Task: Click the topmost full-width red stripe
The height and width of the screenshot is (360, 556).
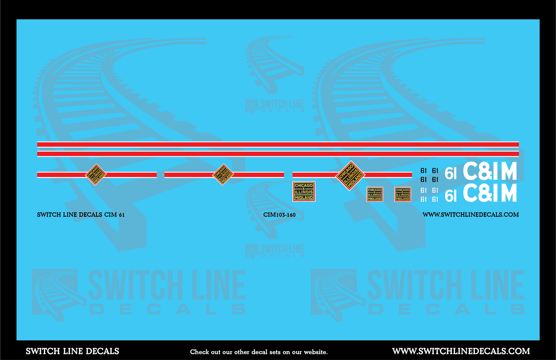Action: click(x=278, y=144)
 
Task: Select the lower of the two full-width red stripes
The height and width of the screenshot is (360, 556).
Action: click(x=278, y=154)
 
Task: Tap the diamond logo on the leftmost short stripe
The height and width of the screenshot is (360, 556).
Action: click(x=95, y=175)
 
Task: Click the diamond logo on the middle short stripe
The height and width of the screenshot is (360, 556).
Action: click(x=223, y=175)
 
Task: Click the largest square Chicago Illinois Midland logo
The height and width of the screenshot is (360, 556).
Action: click(x=304, y=191)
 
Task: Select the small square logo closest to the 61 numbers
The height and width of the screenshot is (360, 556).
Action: click(x=402, y=194)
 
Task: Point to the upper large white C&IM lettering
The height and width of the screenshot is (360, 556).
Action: click(x=490, y=172)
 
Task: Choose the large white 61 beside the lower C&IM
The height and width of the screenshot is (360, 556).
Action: click(x=450, y=196)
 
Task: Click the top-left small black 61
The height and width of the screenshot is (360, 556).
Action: click(x=423, y=171)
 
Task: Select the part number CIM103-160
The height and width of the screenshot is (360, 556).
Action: click(x=279, y=215)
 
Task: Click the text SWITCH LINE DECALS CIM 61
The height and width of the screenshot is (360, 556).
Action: click(x=81, y=215)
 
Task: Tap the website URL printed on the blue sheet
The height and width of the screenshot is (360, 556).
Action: click(x=470, y=215)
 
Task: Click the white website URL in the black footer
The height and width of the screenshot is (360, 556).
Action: click(x=461, y=351)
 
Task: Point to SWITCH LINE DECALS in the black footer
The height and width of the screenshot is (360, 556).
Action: click(x=72, y=351)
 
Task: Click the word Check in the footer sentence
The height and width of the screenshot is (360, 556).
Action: click(x=199, y=352)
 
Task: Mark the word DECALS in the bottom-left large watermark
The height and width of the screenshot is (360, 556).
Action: click(x=167, y=309)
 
